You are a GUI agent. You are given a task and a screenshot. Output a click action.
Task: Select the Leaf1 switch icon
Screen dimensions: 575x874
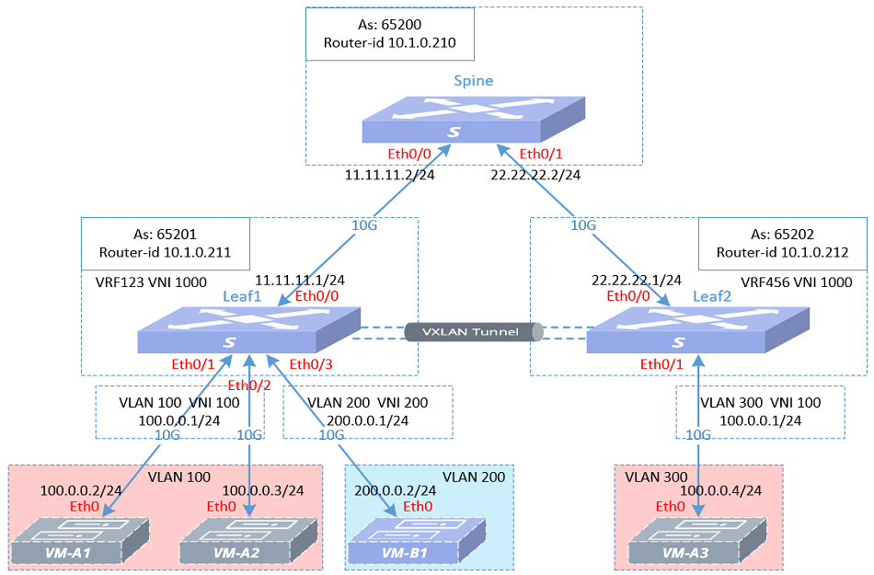pyautogui.click(x=248, y=331)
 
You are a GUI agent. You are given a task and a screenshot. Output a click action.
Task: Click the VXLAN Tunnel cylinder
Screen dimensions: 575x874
pyautogui.click(x=474, y=332)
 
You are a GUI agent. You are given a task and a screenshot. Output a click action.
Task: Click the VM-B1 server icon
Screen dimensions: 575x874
pyautogui.click(x=417, y=540)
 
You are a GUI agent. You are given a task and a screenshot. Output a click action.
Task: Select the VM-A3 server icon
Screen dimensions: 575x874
pyautogui.click(x=698, y=540)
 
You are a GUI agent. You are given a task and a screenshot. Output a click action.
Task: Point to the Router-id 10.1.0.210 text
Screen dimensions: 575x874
pyautogui.click(x=390, y=42)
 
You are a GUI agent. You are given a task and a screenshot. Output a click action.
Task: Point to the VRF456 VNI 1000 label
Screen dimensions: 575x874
pyautogui.click(x=797, y=282)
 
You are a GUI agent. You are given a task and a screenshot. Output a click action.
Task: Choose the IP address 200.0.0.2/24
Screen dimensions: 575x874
pyautogui.click(x=396, y=491)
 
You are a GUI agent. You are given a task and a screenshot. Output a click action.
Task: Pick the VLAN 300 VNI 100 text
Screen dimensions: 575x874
pyautogui.click(x=759, y=402)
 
